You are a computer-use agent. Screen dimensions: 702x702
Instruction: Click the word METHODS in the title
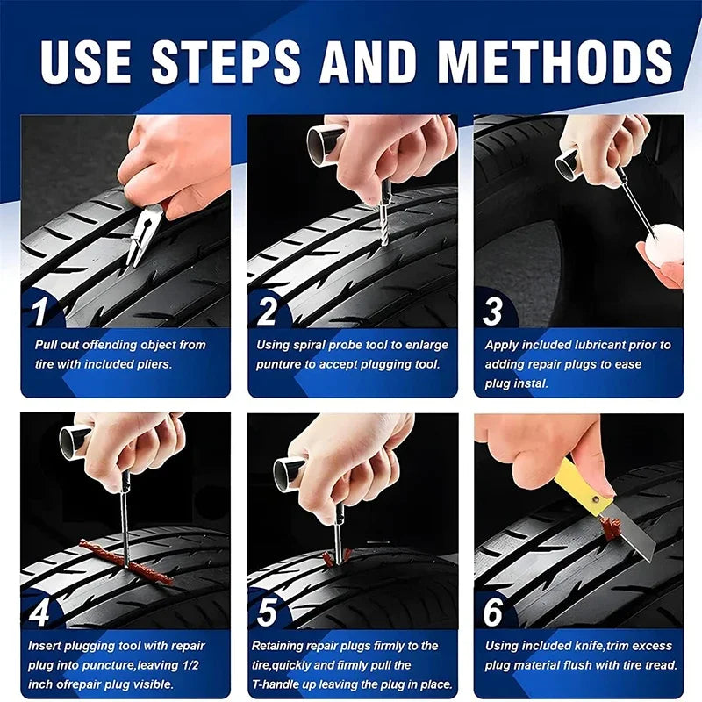(555, 61)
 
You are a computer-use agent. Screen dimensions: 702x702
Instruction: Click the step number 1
(40, 311)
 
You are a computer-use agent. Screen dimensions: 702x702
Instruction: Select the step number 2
(267, 311)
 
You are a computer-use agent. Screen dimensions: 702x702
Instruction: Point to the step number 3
(492, 311)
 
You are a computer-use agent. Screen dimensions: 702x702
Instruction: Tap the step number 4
(39, 612)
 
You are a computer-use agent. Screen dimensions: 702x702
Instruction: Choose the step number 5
(267, 612)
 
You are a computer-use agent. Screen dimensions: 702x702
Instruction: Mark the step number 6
(493, 612)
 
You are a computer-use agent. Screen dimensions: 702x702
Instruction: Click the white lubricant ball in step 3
(664, 243)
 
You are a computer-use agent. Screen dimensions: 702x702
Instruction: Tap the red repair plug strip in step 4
(126, 562)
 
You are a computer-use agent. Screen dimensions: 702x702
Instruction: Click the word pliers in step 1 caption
(150, 364)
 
